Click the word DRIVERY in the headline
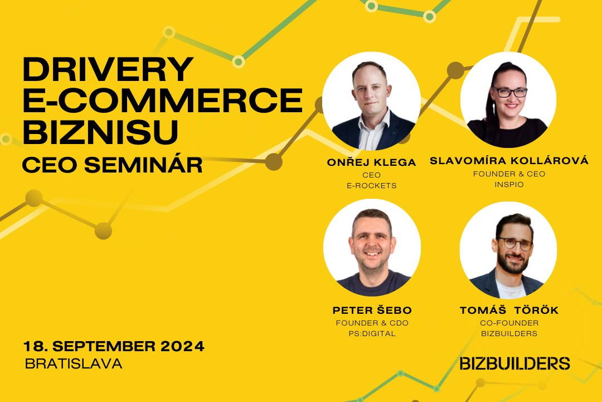(108, 69)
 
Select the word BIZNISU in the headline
(101, 132)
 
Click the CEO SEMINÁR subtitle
(113, 165)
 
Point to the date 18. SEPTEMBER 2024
(114, 346)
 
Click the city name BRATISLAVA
(74, 363)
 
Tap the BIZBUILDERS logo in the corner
(514, 363)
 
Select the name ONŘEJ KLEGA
(371, 162)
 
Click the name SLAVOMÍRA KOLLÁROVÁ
(509, 160)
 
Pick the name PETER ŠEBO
(372, 310)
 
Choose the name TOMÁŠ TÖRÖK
(509, 310)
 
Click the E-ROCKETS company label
(372, 186)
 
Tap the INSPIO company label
(509, 185)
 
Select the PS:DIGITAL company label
(372, 333)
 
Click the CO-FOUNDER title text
(509, 323)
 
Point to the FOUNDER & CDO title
(372, 323)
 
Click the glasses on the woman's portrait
(510, 92)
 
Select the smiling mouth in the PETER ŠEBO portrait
(372, 253)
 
